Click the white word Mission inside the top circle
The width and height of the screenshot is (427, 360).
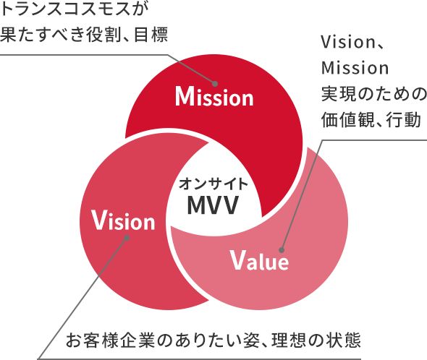(214, 97)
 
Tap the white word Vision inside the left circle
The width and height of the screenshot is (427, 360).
(123, 220)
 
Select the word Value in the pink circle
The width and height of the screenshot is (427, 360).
(260, 260)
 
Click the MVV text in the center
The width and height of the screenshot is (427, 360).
(213, 205)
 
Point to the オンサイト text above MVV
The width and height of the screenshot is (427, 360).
(213, 184)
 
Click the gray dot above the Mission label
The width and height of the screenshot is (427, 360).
(215, 84)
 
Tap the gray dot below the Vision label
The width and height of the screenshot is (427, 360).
(127, 238)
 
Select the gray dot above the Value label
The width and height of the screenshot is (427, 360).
(282, 250)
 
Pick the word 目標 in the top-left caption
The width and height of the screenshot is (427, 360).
(151, 35)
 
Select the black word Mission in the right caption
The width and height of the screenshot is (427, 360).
(355, 68)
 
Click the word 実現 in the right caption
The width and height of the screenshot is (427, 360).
(339, 94)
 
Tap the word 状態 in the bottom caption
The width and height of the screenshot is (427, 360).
(344, 340)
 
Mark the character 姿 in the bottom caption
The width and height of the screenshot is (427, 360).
(252, 340)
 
